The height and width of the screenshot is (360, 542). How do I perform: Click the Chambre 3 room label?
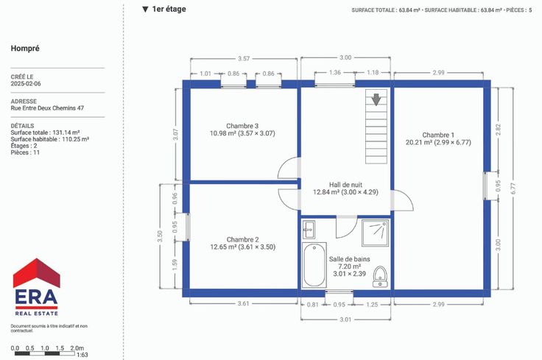tap(242, 126)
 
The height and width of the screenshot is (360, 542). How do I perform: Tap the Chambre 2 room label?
tap(243, 239)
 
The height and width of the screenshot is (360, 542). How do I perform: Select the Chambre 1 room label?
tap(438, 135)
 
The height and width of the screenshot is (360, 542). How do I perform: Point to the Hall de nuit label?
tap(345, 185)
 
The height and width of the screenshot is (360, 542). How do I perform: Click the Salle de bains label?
tap(350, 258)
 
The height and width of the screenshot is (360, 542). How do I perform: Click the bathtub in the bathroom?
tap(314, 265)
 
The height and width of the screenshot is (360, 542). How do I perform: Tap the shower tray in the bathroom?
tap(376, 233)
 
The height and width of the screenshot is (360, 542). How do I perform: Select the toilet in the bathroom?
tap(380, 276)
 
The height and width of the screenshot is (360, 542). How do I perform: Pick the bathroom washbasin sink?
tap(309, 230)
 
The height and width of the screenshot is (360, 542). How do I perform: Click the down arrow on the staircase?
tap(376, 99)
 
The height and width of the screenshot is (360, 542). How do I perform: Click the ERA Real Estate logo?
tap(36, 287)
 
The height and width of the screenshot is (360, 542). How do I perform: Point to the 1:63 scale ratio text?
tap(82, 355)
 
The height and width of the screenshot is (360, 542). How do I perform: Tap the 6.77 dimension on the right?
tap(513, 188)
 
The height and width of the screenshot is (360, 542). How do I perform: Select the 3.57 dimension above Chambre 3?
tap(244, 58)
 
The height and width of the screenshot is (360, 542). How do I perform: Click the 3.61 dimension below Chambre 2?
tap(243, 303)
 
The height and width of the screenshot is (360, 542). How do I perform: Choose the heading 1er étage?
tap(164, 9)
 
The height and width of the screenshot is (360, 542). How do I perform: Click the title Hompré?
tap(25, 49)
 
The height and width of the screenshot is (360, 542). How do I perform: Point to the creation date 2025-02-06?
tap(26, 84)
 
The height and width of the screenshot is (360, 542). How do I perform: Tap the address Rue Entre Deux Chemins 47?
tap(47, 107)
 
